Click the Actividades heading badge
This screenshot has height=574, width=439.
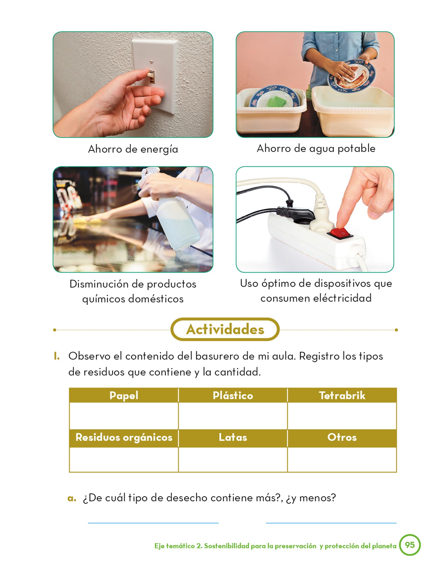pyautogui.click(x=225, y=329)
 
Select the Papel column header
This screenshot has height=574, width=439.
pyautogui.click(x=124, y=395)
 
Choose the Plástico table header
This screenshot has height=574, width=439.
pyautogui.click(x=233, y=395)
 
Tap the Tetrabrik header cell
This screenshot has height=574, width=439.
pyautogui.click(x=342, y=395)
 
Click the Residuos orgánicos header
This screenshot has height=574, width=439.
pyautogui.click(x=124, y=437)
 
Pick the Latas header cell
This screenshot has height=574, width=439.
pyautogui.click(x=233, y=437)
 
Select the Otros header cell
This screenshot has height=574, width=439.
pyautogui.click(x=342, y=437)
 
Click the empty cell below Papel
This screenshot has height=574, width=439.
pyautogui.click(x=124, y=416)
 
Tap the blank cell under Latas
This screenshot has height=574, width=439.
pyautogui.click(x=233, y=459)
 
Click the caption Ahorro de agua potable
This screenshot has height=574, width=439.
pyautogui.click(x=316, y=149)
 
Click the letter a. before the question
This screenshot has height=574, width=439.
pyautogui.click(x=72, y=498)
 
